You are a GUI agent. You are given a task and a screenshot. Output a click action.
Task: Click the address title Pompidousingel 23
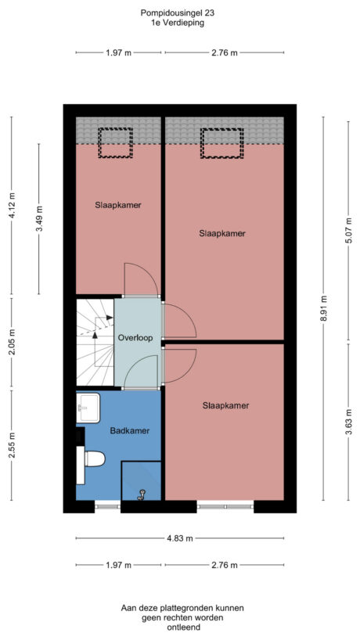tap(179, 13)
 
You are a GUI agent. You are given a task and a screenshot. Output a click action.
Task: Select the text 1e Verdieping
tap(179, 23)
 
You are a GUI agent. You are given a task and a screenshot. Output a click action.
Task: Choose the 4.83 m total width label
tap(179, 538)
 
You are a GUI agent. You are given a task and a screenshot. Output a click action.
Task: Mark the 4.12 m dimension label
tap(10, 207)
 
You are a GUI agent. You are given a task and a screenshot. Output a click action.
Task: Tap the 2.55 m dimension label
tap(10, 444)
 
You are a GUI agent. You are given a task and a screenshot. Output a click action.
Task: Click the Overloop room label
tap(135, 337)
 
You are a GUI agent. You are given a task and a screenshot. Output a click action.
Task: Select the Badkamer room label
tap(129, 430)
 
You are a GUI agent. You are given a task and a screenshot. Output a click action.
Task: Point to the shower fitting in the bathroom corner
tap(142, 493)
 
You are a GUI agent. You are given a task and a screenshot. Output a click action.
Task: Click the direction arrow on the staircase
tap(95, 333)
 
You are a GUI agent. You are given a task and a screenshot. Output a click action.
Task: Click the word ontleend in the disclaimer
tap(179, 627)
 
